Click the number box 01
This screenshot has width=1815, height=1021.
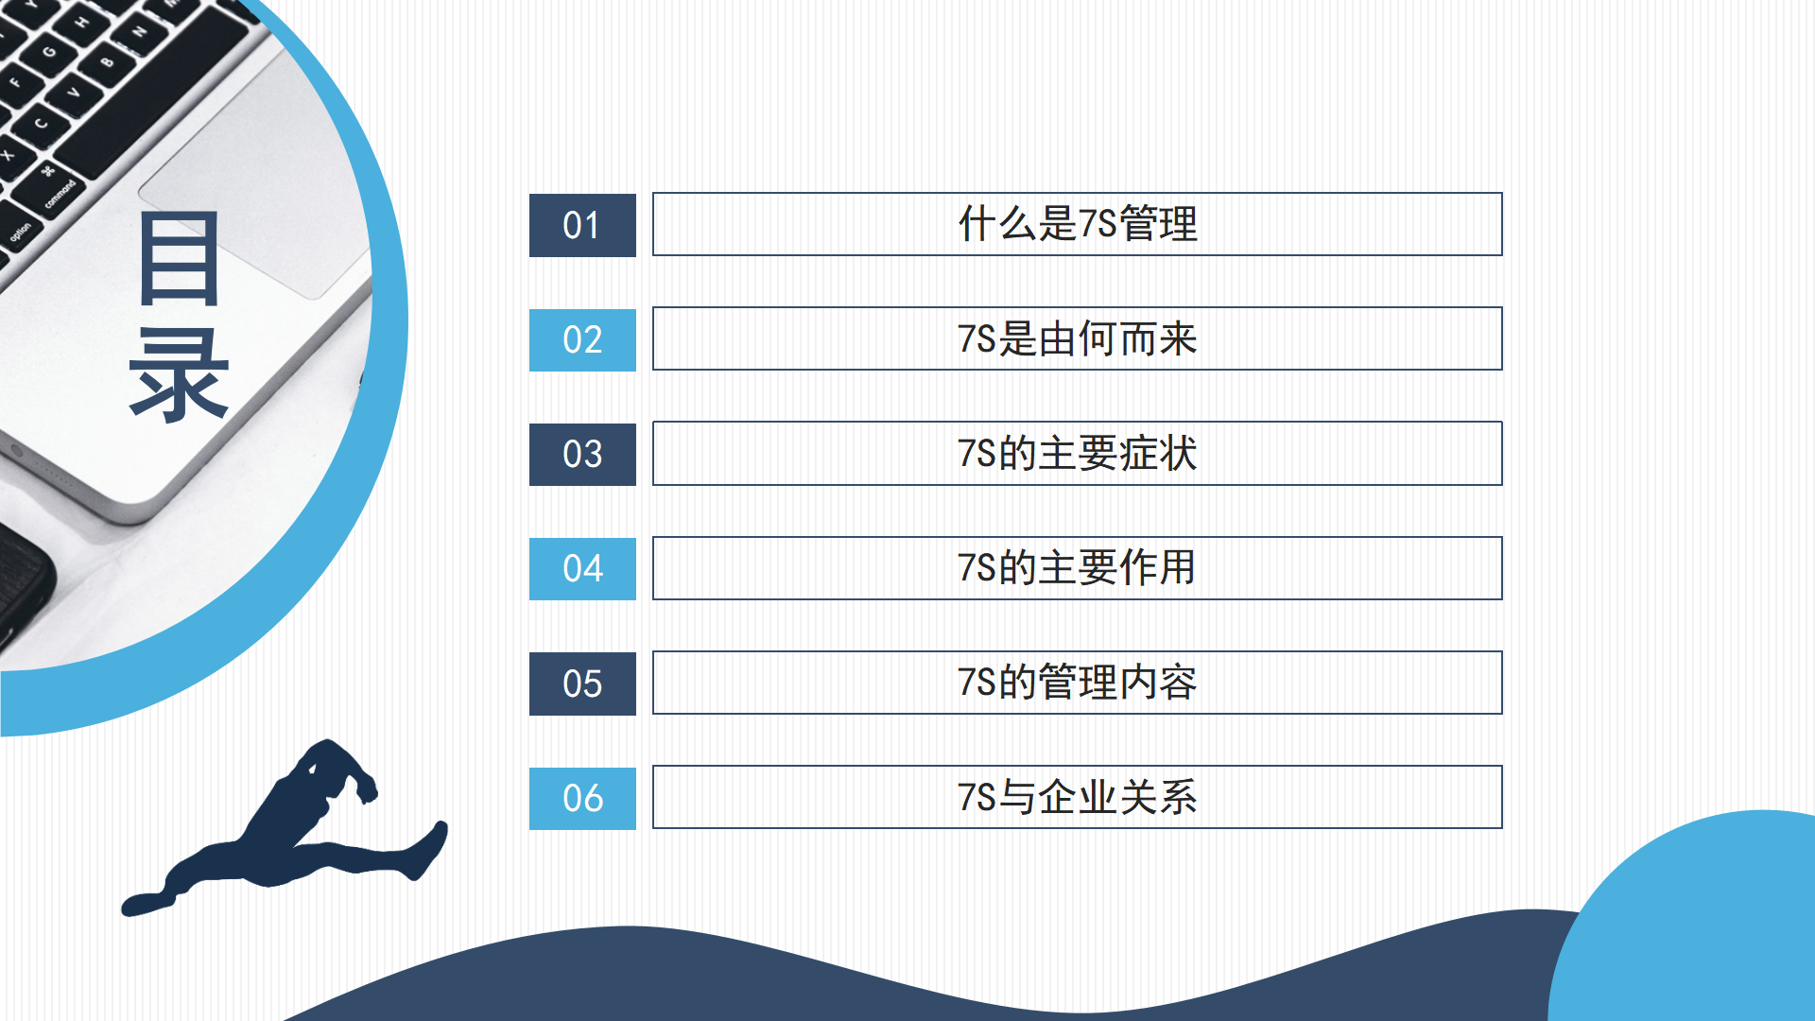tap(582, 225)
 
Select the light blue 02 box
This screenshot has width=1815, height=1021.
tap(582, 340)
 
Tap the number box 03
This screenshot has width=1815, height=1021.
tap(582, 455)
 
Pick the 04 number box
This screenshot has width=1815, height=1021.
tap(582, 569)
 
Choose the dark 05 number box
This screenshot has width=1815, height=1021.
tap(582, 684)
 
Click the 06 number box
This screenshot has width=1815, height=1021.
tap(582, 799)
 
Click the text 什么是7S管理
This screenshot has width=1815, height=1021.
tap(1078, 224)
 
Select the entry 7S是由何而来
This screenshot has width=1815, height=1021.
tap(1078, 338)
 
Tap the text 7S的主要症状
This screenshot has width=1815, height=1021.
tap(1078, 454)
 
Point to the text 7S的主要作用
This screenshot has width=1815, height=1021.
tap(1078, 568)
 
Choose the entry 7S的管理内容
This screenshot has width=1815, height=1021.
tap(1078, 683)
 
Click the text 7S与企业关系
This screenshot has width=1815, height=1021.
tap(1078, 797)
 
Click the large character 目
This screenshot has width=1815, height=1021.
tap(180, 258)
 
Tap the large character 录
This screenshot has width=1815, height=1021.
tap(180, 375)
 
